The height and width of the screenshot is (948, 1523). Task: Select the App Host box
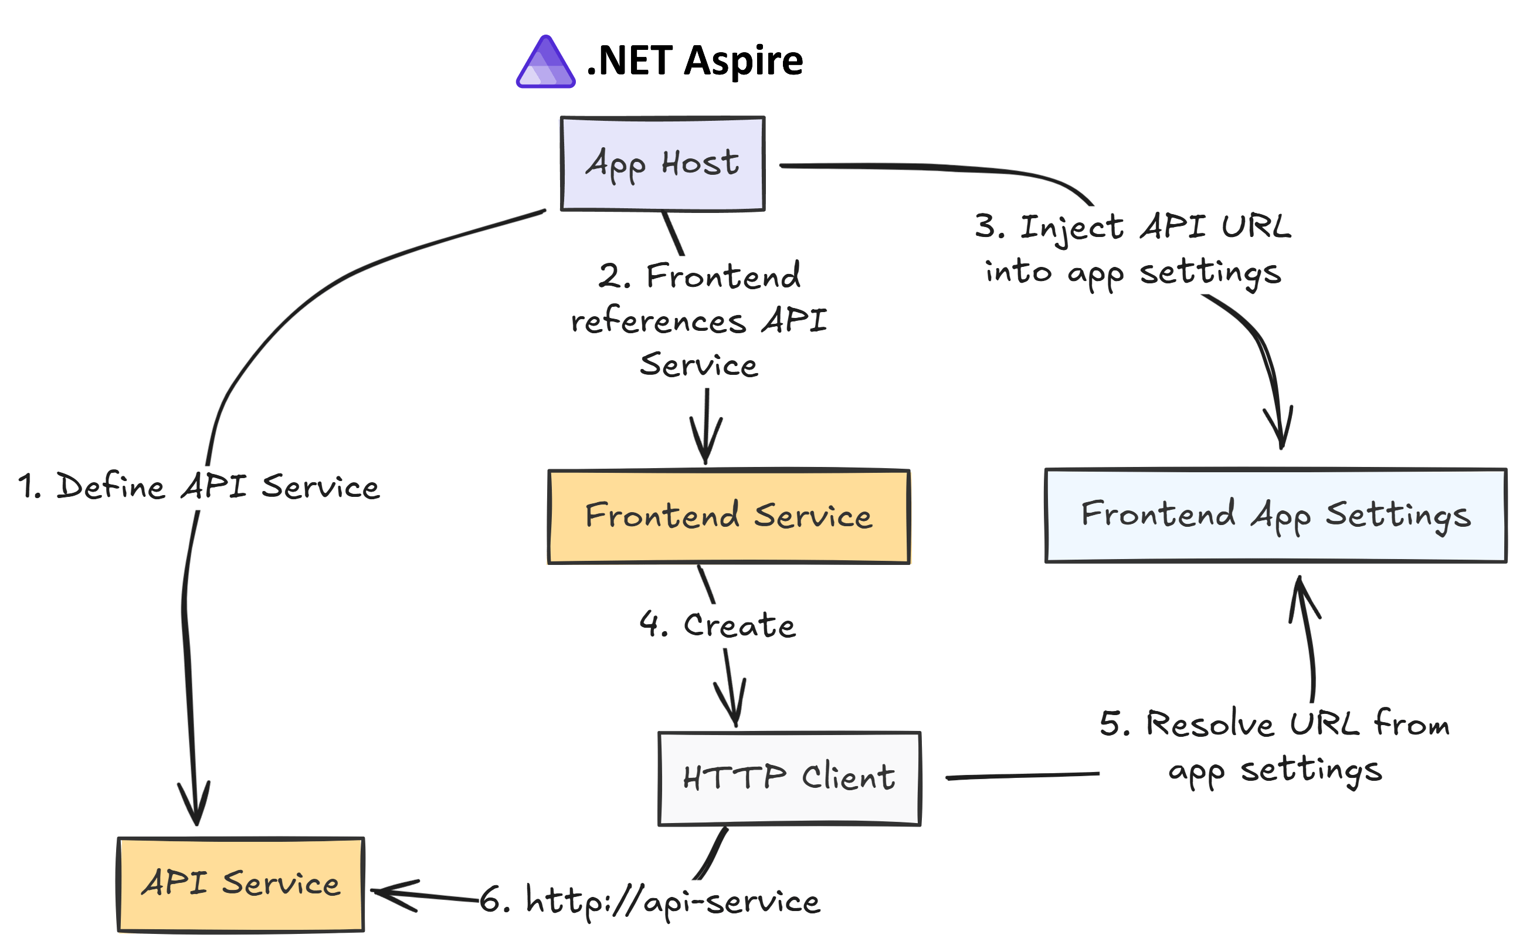click(x=663, y=164)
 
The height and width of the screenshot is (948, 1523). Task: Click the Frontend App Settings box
click(x=1275, y=516)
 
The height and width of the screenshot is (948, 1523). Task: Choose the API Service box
click(x=240, y=884)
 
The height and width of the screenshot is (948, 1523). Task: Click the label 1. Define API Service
click(x=199, y=487)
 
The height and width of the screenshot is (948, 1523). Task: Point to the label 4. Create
click(x=717, y=625)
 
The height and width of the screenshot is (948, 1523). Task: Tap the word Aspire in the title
click(x=744, y=61)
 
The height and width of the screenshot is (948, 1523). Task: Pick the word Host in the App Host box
click(x=700, y=164)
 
